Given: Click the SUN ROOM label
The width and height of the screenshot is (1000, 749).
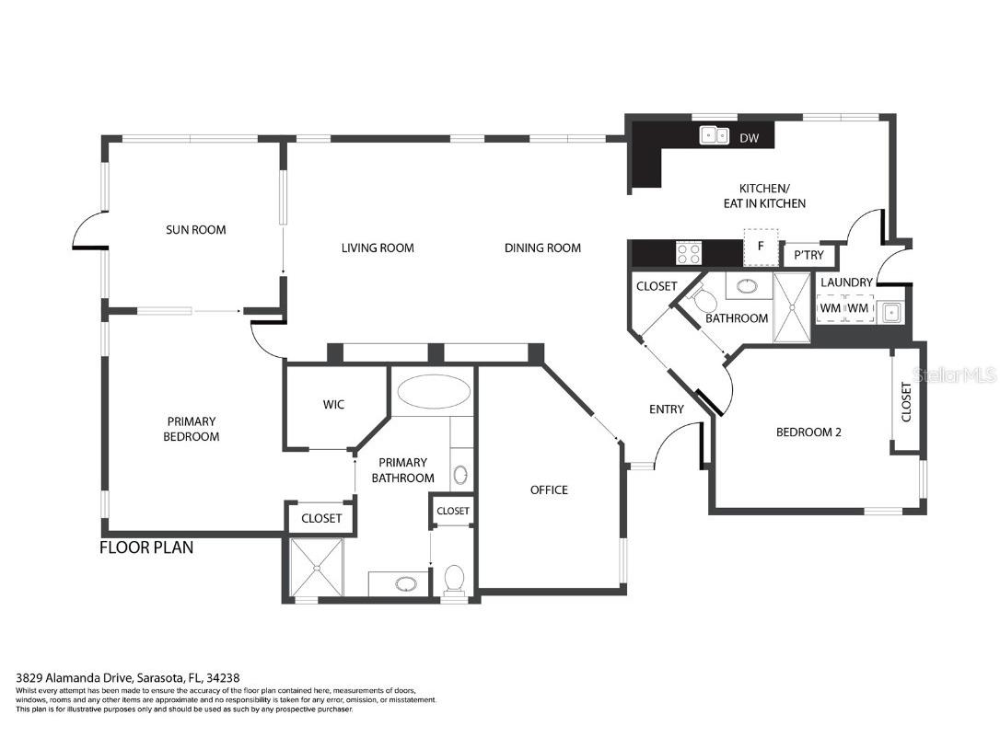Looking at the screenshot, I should click(195, 230).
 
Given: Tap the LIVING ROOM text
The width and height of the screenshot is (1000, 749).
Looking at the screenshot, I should click(378, 248).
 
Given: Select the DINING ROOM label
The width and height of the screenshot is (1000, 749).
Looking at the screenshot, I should click(542, 248).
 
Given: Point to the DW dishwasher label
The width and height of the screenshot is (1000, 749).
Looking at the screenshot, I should click(750, 138).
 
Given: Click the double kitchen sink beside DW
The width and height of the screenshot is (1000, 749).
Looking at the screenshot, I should click(715, 136).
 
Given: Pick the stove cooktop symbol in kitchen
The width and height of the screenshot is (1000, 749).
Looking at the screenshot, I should click(688, 252).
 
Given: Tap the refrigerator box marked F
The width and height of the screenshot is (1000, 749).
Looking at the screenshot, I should click(761, 247).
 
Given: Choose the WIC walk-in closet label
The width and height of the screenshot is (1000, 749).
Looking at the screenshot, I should click(333, 405).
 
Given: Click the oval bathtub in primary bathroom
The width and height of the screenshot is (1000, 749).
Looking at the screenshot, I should click(432, 392).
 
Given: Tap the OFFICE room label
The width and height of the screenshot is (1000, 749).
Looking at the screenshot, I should click(549, 490).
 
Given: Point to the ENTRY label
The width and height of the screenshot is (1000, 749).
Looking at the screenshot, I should click(666, 409).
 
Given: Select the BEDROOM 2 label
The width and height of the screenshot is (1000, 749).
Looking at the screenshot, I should click(808, 432).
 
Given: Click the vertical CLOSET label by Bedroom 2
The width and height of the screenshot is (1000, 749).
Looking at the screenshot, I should click(906, 401).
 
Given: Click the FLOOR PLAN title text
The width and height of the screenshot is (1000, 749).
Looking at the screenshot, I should click(146, 548).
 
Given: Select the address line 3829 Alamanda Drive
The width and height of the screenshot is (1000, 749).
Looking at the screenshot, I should click(128, 677).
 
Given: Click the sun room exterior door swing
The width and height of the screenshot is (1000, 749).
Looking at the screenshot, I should click(89, 231).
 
